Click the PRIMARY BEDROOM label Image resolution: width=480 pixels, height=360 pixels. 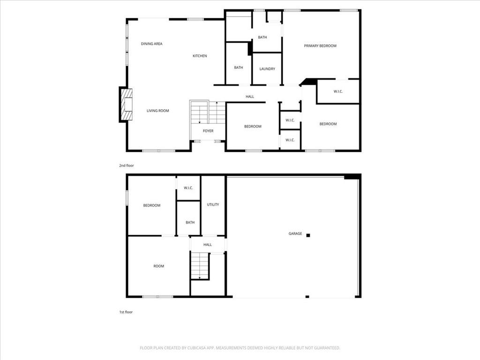[320, 46]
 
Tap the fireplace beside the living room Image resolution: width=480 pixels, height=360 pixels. [127, 105]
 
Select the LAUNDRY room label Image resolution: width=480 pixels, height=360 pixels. [267, 69]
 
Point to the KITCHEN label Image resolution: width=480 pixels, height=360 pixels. [200, 56]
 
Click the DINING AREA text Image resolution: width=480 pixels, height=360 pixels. [151, 44]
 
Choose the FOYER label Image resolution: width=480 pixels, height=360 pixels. [208, 131]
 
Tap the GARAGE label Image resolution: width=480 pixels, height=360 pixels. [295, 233]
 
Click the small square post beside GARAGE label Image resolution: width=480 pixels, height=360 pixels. [308, 235]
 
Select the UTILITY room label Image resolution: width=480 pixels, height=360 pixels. [213, 204]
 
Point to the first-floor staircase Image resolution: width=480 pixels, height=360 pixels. [200, 265]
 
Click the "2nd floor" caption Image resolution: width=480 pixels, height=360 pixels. [127, 165]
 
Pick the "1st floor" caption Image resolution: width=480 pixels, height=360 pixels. [126, 312]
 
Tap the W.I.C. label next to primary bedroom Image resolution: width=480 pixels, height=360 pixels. [338, 91]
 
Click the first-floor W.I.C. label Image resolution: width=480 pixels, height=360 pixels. [188, 188]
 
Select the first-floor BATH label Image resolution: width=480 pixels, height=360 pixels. [190, 223]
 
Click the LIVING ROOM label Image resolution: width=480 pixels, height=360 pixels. [157, 111]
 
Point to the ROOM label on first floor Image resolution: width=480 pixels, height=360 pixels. [158, 266]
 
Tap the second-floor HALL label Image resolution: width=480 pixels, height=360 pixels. [250, 97]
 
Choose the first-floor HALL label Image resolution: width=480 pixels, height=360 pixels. [208, 245]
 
